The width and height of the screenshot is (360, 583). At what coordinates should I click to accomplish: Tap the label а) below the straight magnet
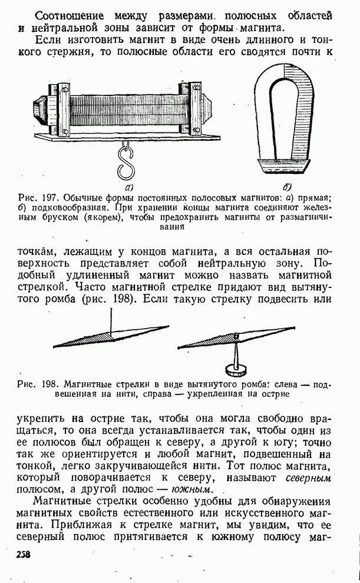(124, 185)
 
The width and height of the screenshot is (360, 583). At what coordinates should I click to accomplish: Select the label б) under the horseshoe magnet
(288, 187)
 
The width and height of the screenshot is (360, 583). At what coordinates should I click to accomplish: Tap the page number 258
(24, 554)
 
